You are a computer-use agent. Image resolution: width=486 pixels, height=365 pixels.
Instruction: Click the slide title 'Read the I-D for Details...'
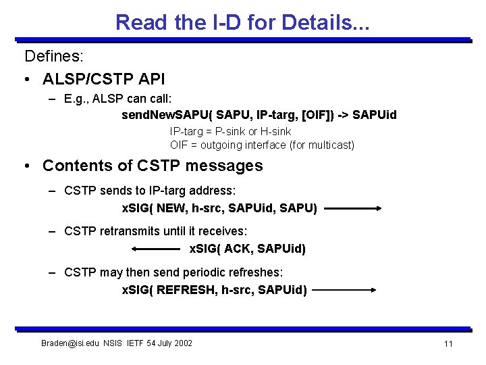pos(243,22)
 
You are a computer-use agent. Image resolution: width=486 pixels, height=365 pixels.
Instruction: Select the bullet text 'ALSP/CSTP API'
pos(103,79)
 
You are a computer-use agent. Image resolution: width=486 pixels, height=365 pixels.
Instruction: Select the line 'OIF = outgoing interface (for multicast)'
pos(262,145)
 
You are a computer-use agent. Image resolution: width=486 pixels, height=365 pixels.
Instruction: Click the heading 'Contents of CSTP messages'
pos(153,166)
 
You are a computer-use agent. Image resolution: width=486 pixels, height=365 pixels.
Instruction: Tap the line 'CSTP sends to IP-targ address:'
pos(150,192)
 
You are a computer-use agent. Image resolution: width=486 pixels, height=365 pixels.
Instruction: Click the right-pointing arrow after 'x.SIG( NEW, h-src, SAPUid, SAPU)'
pos(353,209)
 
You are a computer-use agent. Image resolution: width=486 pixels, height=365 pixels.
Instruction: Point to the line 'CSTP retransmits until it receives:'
pos(156,232)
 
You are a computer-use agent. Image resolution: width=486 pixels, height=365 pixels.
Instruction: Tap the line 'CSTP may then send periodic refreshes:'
pos(173,272)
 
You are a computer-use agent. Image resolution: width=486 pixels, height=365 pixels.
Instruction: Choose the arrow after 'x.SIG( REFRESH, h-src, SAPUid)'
pos(345,290)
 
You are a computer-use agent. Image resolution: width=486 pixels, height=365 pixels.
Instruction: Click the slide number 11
pos(448,344)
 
